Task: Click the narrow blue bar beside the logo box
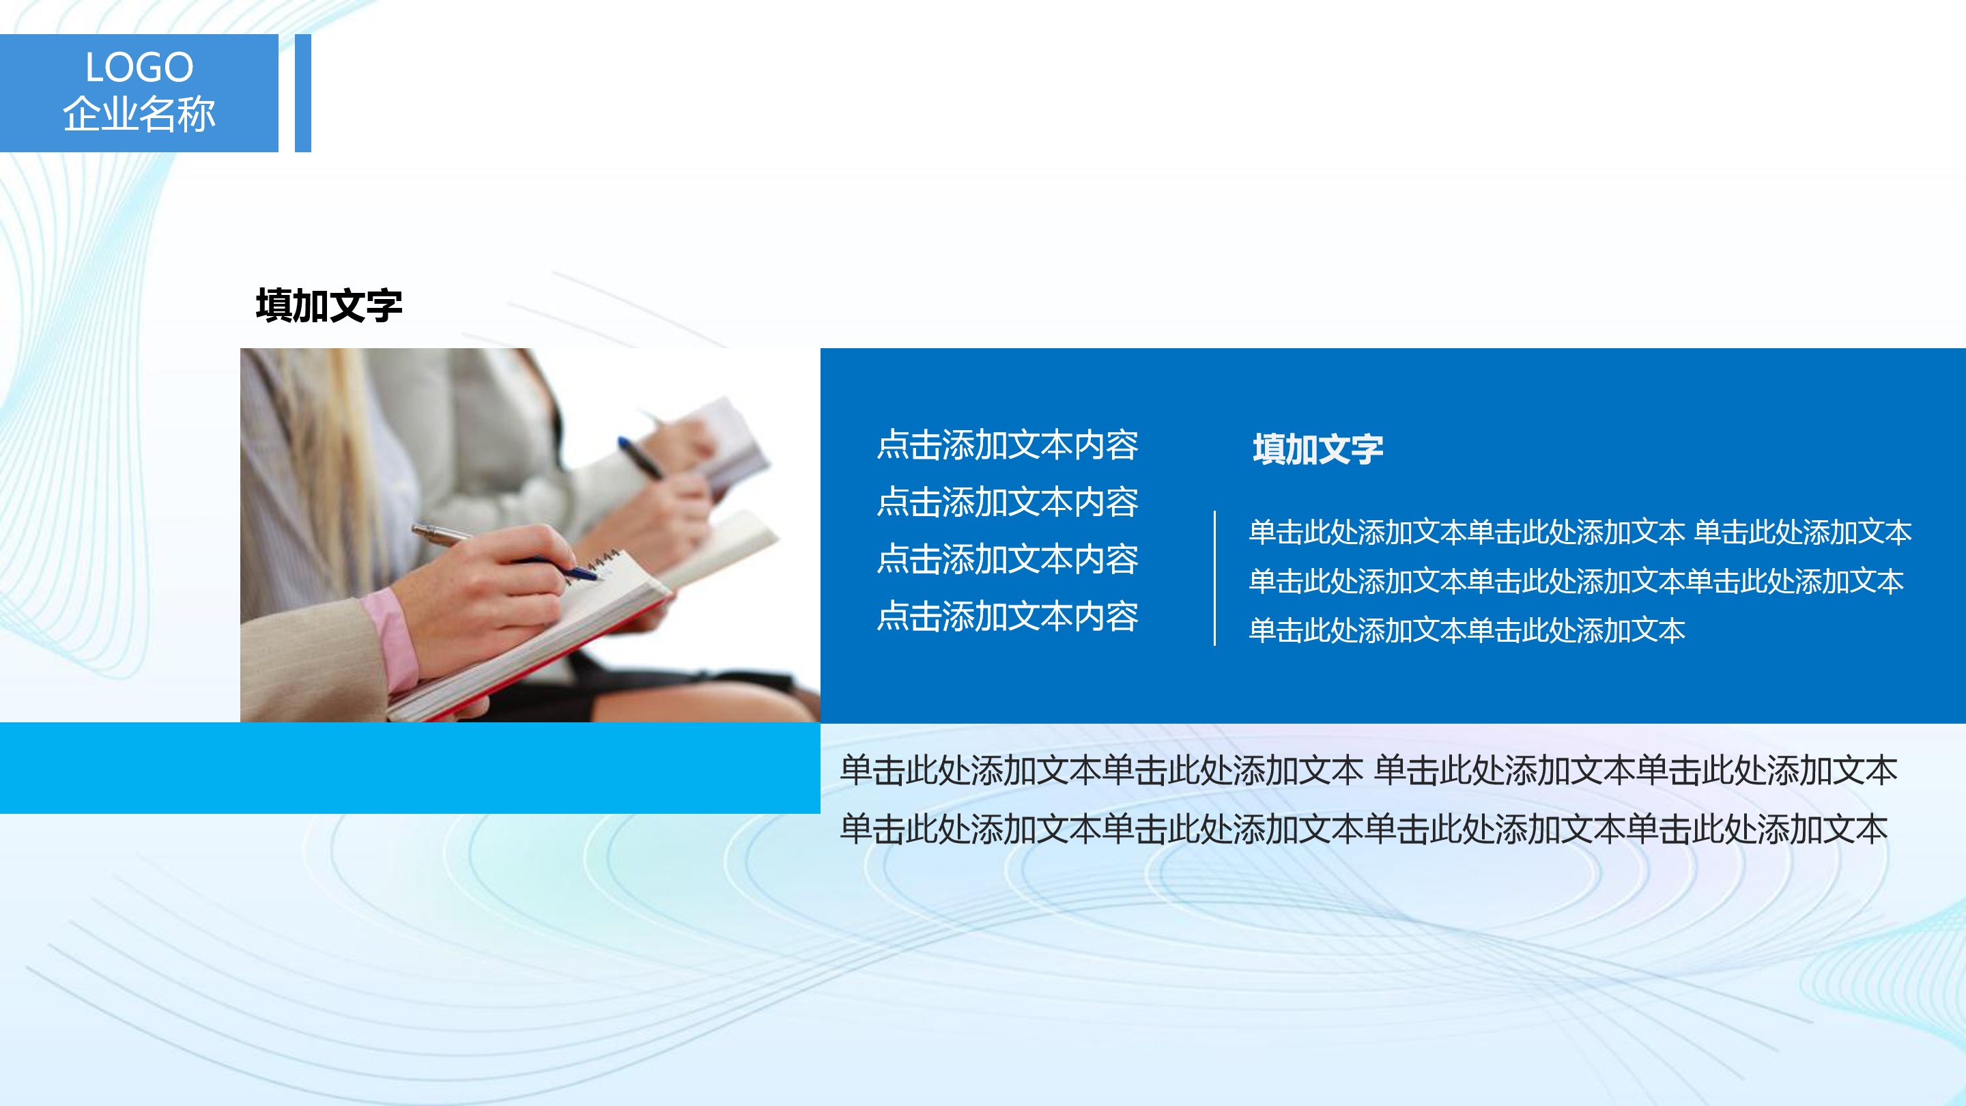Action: (x=303, y=93)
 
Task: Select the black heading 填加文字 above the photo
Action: (x=329, y=306)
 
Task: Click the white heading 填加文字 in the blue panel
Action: (x=1317, y=449)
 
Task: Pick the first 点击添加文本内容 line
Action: (x=1008, y=445)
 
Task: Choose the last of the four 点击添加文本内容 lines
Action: (x=1008, y=616)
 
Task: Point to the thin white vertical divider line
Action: (x=1214, y=578)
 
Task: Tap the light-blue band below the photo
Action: (x=409, y=768)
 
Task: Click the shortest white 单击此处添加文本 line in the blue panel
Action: (x=1467, y=630)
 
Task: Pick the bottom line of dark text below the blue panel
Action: (x=1363, y=829)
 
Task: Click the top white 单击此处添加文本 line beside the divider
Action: (x=1580, y=532)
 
